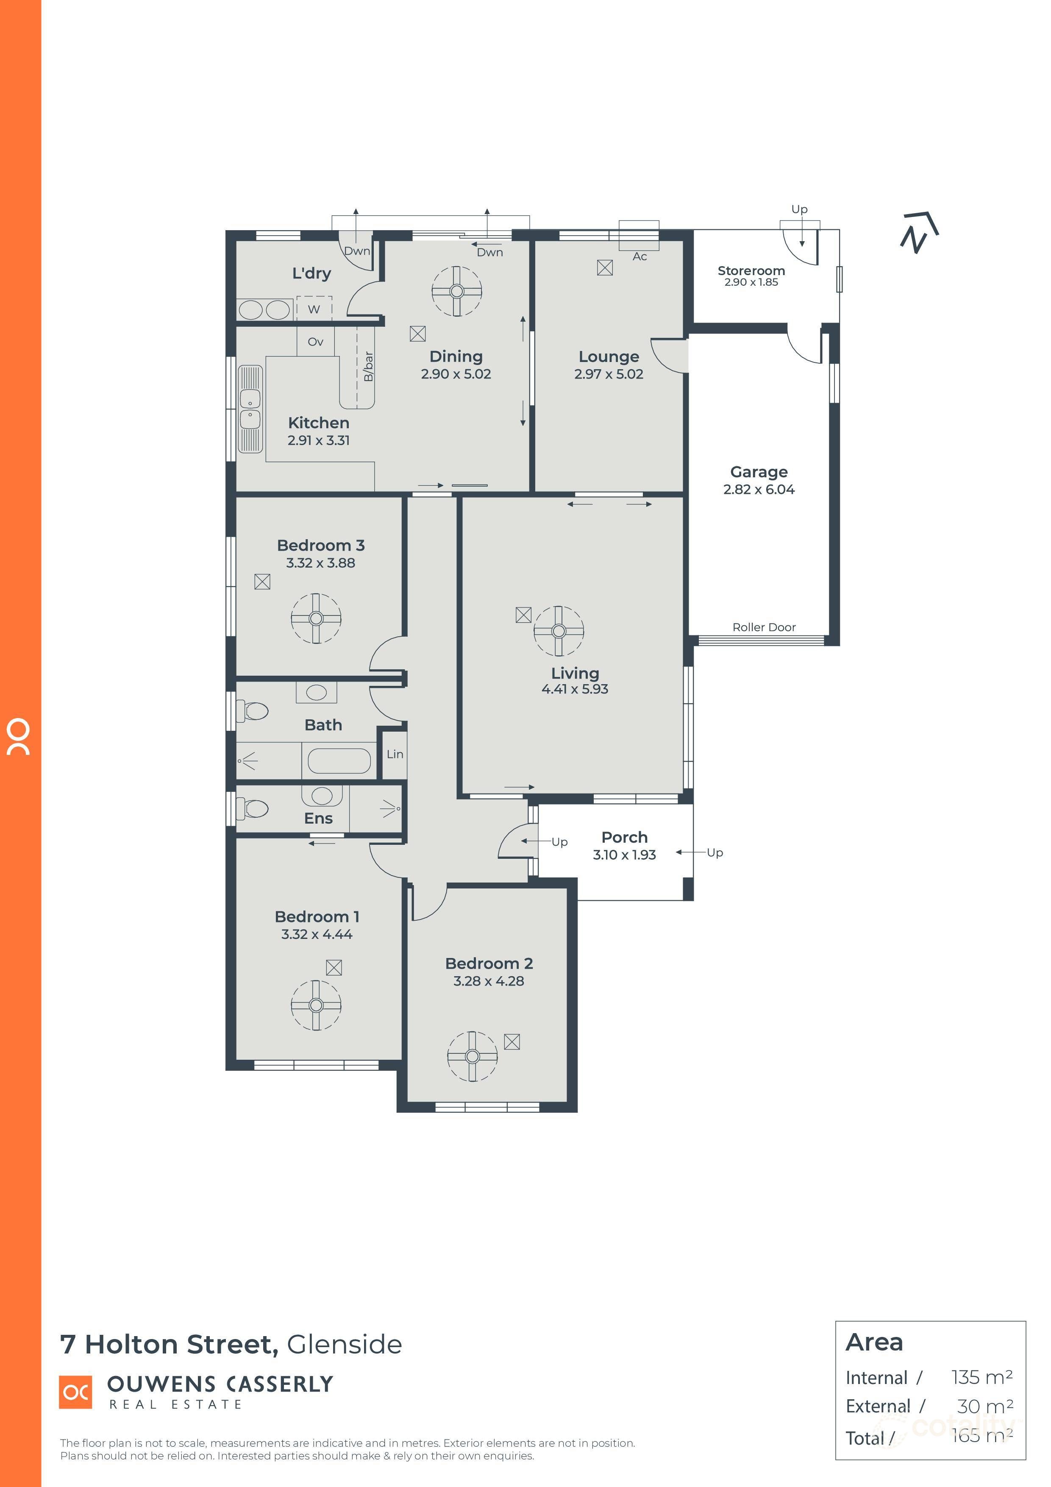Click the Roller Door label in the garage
pos(764,627)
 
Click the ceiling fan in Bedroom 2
pos(472,1056)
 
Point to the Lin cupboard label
pos(395,754)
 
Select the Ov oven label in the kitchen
pos(315,341)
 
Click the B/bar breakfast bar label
pos(368,367)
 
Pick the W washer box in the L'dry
pos(314,308)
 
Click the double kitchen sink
pos(250,408)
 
